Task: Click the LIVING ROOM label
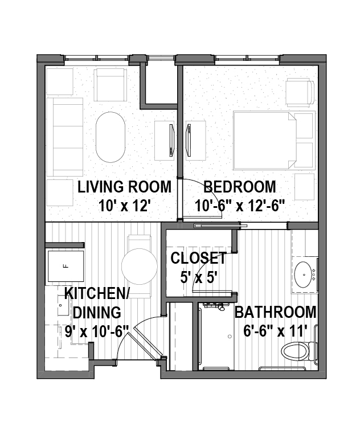coord(124,187)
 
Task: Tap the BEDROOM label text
coord(240,187)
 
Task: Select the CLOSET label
coord(199,258)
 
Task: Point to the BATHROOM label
coord(275,312)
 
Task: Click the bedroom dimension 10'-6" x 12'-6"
coord(240,206)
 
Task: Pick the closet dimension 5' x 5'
coord(199,277)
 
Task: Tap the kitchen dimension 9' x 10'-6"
coord(97,331)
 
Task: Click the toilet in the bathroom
coord(298,351)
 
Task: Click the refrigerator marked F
coord(66,267)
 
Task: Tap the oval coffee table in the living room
coord(110,137)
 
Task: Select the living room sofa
coord(65,137)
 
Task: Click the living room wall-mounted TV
coord(171,140)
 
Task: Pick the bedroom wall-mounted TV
coord(189,140)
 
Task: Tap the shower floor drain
coord(230,337)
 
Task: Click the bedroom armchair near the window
coord(300,92)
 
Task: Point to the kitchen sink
coord(63,305)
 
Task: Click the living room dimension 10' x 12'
coord(124,206)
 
